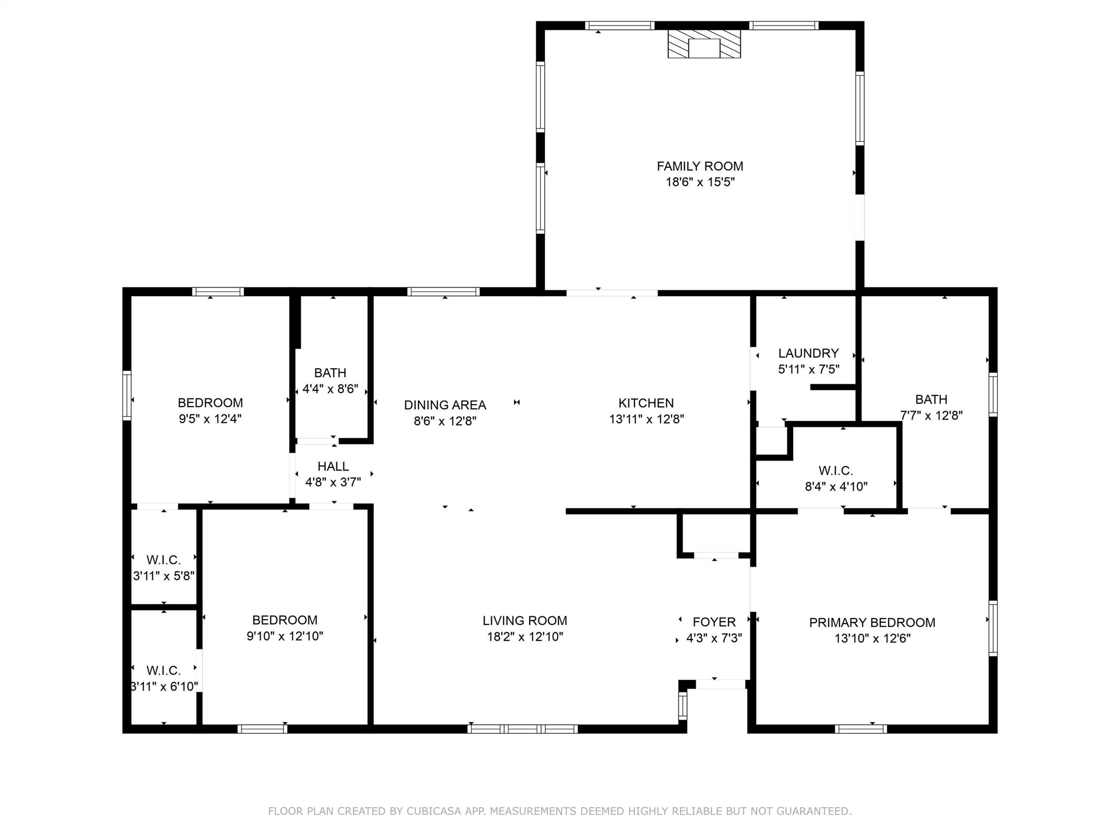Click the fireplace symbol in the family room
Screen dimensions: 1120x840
704,44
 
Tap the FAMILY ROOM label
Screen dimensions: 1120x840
700,166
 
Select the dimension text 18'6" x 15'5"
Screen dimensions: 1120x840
700,182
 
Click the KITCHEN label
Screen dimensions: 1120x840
646,403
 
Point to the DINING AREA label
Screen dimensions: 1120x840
445,405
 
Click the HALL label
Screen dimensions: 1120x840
333,466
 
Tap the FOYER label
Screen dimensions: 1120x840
714,622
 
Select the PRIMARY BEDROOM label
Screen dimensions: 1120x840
872,622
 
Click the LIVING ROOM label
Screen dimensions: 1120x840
525,620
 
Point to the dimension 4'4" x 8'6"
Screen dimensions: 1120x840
330,389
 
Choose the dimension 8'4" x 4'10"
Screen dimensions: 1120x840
836,486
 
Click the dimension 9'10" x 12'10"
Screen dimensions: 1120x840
284,636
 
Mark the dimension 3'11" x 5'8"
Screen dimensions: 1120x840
164,576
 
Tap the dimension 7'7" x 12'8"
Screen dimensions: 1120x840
931,415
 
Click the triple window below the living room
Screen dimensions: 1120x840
523,729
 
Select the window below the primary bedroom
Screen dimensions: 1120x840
861,729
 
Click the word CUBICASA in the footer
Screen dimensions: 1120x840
434,811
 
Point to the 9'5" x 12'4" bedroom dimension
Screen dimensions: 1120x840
210,419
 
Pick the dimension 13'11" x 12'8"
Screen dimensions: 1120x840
647,419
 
